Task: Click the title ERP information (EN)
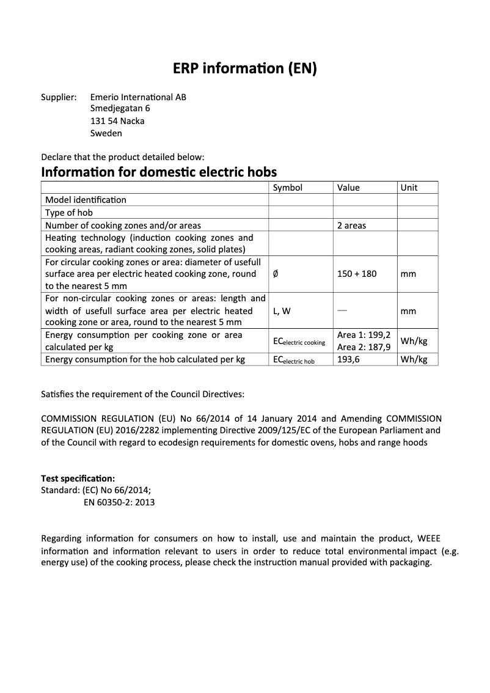tap(244, 69)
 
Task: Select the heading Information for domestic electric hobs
tap(159, 172)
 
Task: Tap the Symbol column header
tap(287, 188)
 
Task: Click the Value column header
tap(348, 188)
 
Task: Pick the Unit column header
tap(409, 188)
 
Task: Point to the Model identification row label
tap(86, 200)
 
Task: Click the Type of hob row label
tap(69, 213)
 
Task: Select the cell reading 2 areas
tap(351, 226)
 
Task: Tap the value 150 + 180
tap(357, 274)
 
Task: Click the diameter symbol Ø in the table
tap(276, 274)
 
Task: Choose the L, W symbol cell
tap(282, 311)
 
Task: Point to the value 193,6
tap(348, 359)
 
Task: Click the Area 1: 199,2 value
tap(364, 335)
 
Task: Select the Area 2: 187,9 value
tap(364, 347)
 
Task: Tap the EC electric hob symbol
tap(293, 360)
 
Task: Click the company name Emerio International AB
tap(138, 97)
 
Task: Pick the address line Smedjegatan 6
tap(120, 109)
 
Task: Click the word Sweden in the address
tap(106, 133)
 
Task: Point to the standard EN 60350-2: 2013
tap(119, 502)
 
